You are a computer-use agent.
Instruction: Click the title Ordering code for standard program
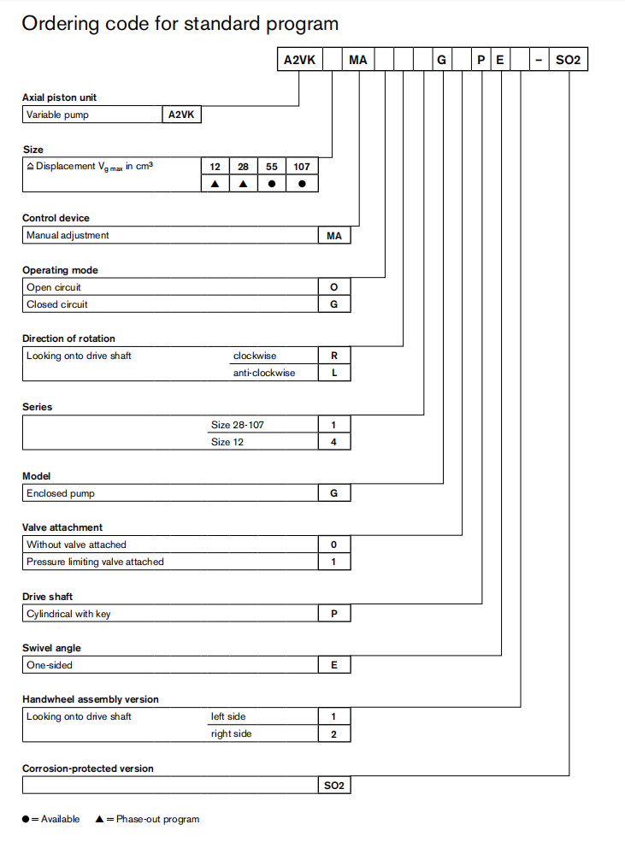pos(180,24)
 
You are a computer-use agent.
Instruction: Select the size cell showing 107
pos(302,167)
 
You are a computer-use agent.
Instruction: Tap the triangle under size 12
pos(215,184)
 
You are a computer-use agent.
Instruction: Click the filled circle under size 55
pos(272,184)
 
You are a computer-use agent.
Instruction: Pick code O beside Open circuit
pos(334,287)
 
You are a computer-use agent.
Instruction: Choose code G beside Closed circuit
pos(334,304)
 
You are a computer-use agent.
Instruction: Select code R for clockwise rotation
pos(334,356)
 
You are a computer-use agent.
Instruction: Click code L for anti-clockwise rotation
pos(334,373)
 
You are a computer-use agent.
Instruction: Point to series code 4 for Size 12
pos(334,442)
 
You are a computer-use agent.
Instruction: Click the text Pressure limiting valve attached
pos(95,562)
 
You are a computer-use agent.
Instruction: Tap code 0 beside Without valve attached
pos(334,545)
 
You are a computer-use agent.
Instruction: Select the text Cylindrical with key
pos(68,614)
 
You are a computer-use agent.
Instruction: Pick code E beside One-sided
pos(334,665)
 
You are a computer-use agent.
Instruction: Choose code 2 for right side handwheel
pos(334,733)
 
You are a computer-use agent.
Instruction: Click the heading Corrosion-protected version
pos(88,768)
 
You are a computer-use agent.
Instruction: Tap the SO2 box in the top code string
pos(568,61)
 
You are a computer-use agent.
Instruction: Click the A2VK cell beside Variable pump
pos(182,115)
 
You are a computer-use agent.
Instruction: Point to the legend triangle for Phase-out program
pos(100,819)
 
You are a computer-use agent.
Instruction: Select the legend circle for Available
pos(27,819)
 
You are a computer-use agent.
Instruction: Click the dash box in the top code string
pos(538,61)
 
